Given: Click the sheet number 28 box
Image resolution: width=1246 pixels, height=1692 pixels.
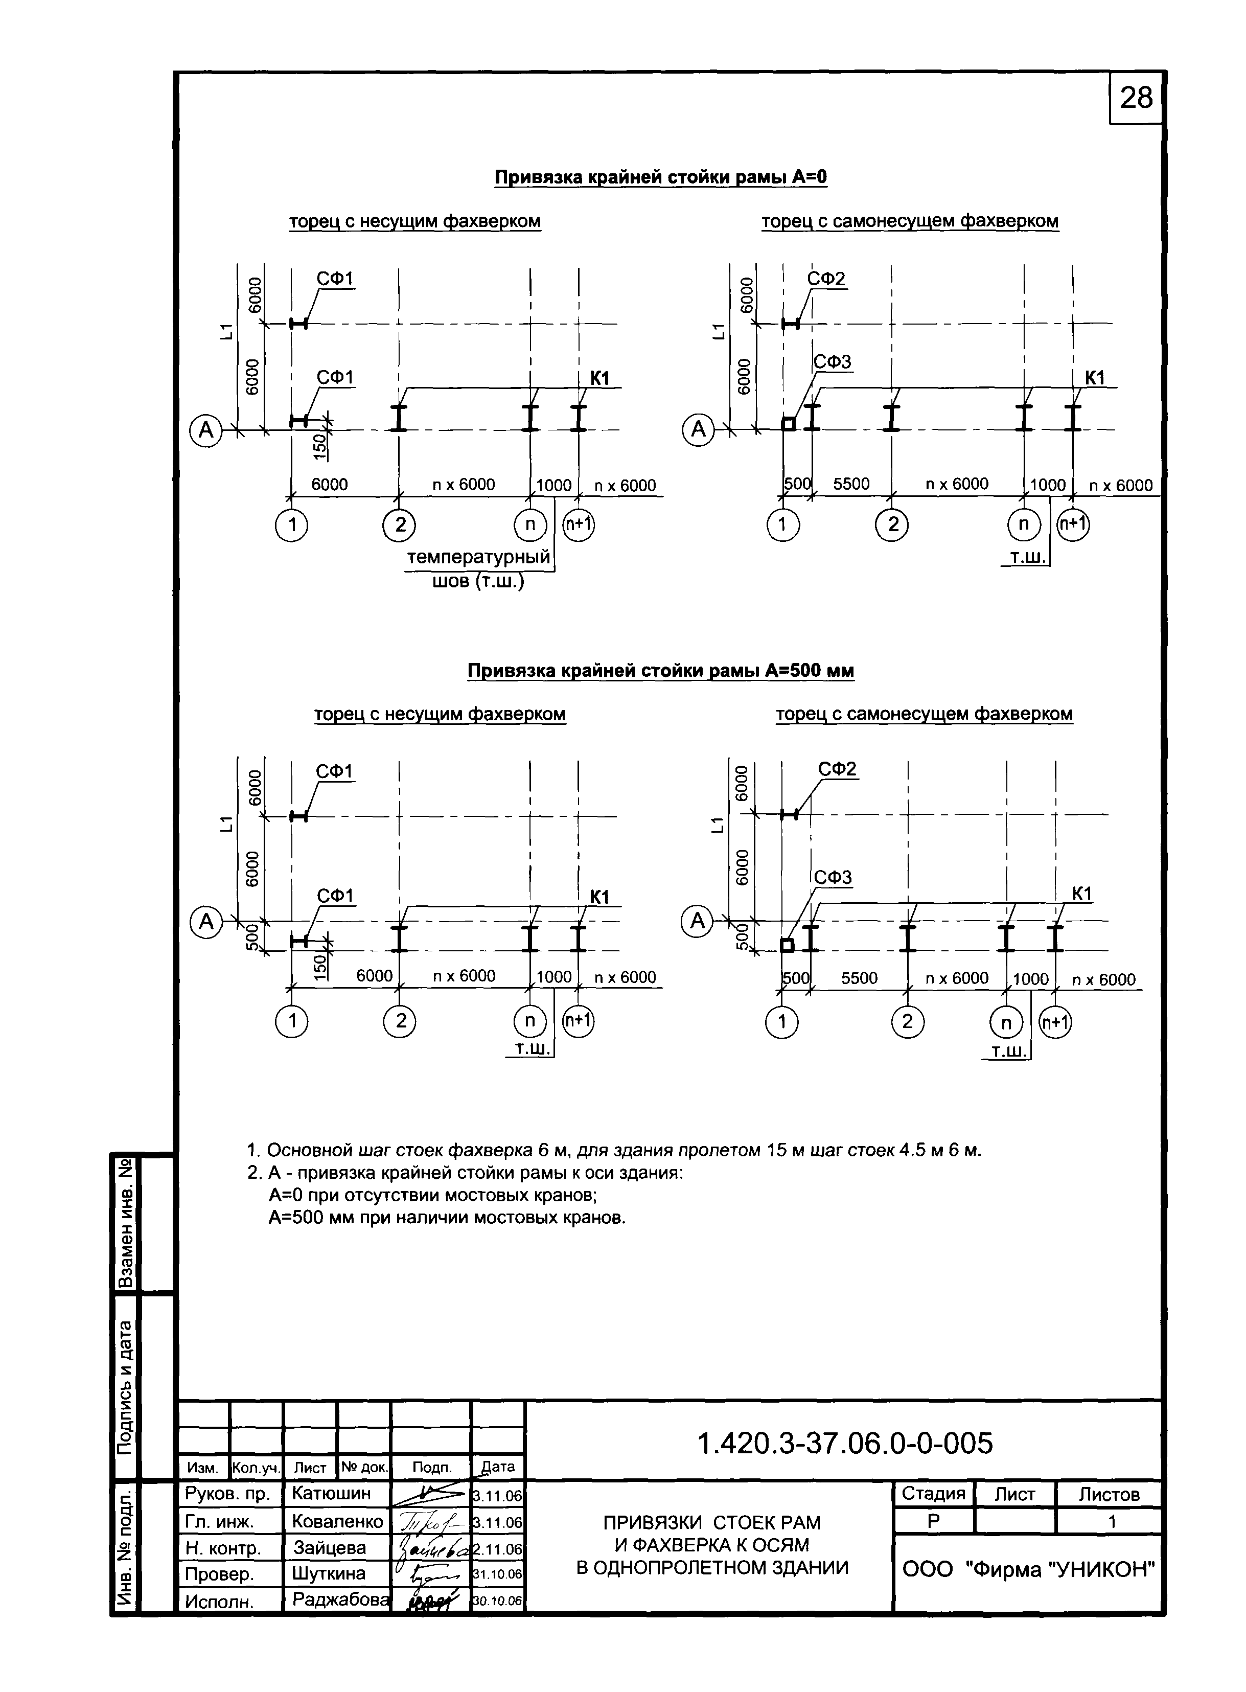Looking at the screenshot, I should (1136, 98).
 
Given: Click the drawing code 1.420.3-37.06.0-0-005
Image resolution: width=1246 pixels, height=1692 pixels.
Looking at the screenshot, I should (845, 1443).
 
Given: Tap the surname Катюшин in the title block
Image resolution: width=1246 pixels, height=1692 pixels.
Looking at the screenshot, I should (331, 1493).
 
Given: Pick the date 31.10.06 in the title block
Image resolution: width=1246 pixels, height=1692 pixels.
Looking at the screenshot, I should (498, 1574).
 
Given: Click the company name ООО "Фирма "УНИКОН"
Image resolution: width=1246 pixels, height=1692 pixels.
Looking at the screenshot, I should (1029, 1569).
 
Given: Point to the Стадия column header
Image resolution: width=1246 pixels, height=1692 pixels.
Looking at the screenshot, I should (933, 1494).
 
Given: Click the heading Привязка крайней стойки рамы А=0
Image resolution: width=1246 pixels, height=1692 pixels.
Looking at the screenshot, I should (661, 177).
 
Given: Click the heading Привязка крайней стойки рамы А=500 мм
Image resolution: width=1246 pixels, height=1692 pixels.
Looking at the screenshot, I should (661, 671).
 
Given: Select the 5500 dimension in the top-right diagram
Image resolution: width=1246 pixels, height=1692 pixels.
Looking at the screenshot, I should (851, 484).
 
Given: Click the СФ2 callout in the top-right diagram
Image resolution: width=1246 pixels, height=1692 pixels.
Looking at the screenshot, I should (826, 279).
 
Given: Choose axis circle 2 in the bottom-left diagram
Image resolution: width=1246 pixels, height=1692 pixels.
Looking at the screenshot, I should (401, 1021).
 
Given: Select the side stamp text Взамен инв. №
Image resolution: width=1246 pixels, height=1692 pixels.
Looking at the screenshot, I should (126, 1223).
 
